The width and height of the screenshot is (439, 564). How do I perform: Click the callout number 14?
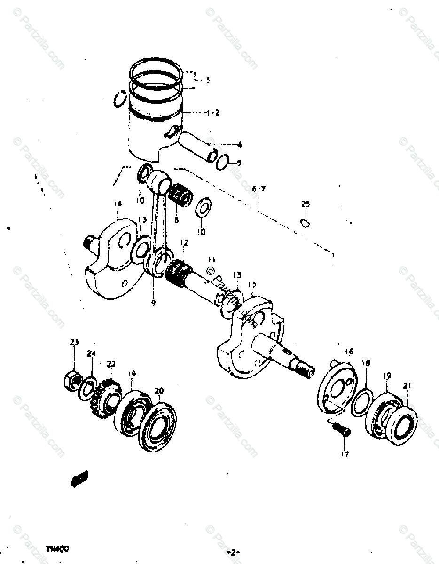coord(118,203)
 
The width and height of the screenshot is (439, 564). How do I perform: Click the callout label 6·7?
coord(259,189)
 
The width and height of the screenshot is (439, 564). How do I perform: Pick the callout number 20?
coord(159,390)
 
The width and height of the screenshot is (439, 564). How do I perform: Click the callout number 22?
coord(111,364)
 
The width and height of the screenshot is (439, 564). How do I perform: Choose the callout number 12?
coord(184,243)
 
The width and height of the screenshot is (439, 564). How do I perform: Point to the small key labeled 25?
coord(305,222)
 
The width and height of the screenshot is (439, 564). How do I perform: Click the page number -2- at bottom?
coord(233,551)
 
